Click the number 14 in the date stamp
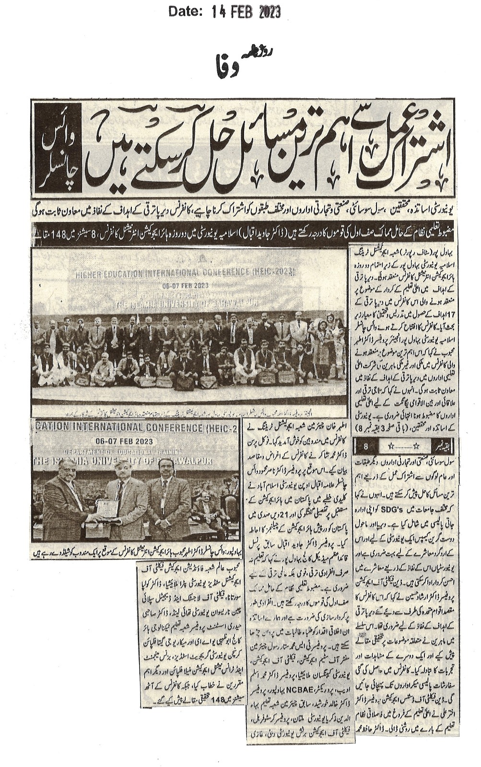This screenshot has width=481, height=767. click(218, 12)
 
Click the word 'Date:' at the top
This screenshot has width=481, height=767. click(185, 12)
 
